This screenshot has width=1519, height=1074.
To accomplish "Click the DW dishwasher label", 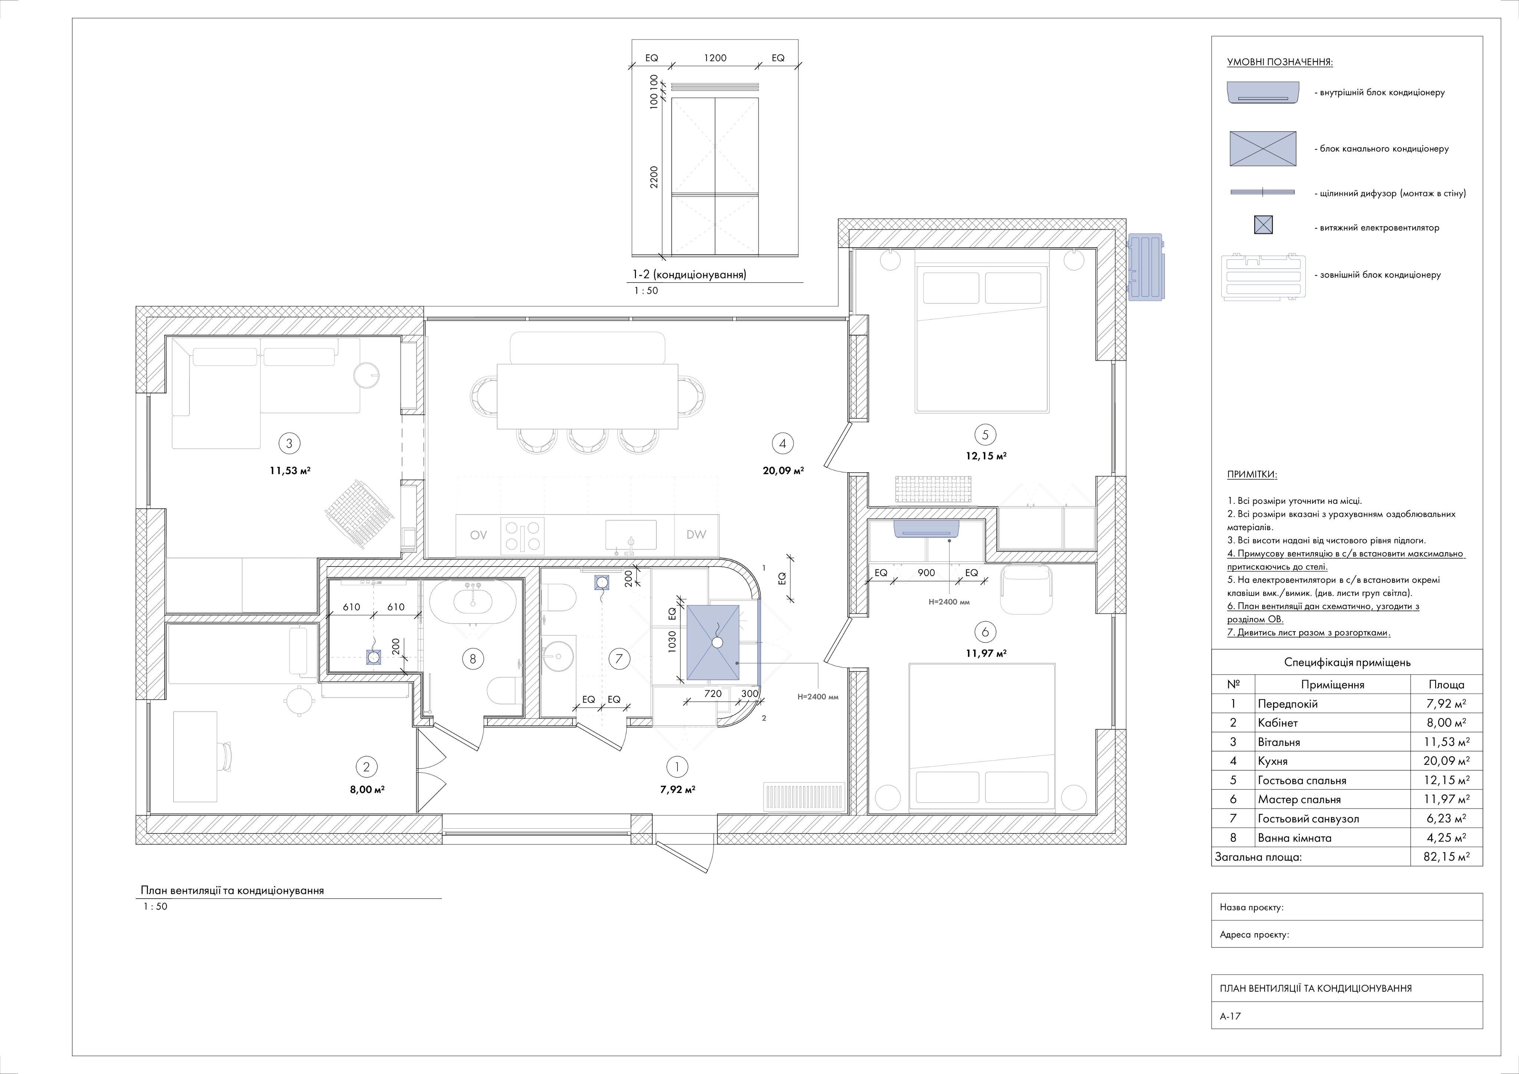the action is pos(696,534).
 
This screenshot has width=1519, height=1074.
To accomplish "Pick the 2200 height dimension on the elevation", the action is pos(654,177).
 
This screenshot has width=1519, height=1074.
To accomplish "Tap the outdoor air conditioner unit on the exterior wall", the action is pos(1145,267).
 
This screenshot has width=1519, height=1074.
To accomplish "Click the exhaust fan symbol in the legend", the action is pos(1263,225).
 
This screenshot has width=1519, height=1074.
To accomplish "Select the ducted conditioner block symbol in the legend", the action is pos(1262,148).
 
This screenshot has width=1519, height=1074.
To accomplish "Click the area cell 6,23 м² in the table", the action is pos(1447,818).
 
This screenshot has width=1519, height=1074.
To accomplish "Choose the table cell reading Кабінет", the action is pos(1278,723).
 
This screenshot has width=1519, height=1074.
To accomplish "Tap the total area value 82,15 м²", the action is pos(1447,856).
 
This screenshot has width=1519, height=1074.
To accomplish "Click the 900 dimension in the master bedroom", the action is pos(926,573).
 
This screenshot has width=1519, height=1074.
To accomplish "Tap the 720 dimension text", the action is pos(712,694).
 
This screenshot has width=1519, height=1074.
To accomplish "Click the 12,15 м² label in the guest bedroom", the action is pos(986,456).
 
